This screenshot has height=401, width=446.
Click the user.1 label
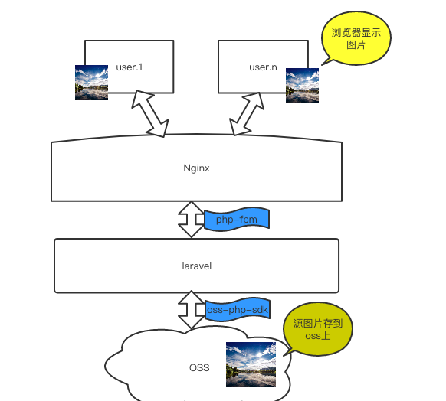tap(130, 67)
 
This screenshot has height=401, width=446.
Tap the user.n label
tap(263, 67)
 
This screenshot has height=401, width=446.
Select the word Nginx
tap(196, 168)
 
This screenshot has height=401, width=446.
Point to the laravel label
tap(196, 266)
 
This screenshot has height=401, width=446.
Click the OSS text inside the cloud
tap(199, 368)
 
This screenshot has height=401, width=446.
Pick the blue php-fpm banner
tap(237, 218)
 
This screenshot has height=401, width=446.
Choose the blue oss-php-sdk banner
tap(238, 310)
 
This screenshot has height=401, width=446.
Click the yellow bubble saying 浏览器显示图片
tap(356, 38)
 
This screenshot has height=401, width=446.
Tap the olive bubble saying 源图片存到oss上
tap(318, 329)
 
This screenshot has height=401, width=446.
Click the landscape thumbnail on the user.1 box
tap(92, 83)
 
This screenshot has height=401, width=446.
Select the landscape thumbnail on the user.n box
tap(302, 86)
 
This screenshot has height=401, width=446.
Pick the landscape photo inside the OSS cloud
tap(251, 364)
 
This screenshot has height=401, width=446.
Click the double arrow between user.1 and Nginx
tap(150, 113)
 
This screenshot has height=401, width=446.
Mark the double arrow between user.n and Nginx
tap(247, 114)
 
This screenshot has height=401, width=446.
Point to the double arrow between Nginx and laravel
tap(191, 220)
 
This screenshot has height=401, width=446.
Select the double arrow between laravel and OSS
tap(191, 310)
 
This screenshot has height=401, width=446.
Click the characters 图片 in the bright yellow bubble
tap(356, 45)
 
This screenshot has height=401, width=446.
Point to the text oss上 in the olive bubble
tap(318, 336)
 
